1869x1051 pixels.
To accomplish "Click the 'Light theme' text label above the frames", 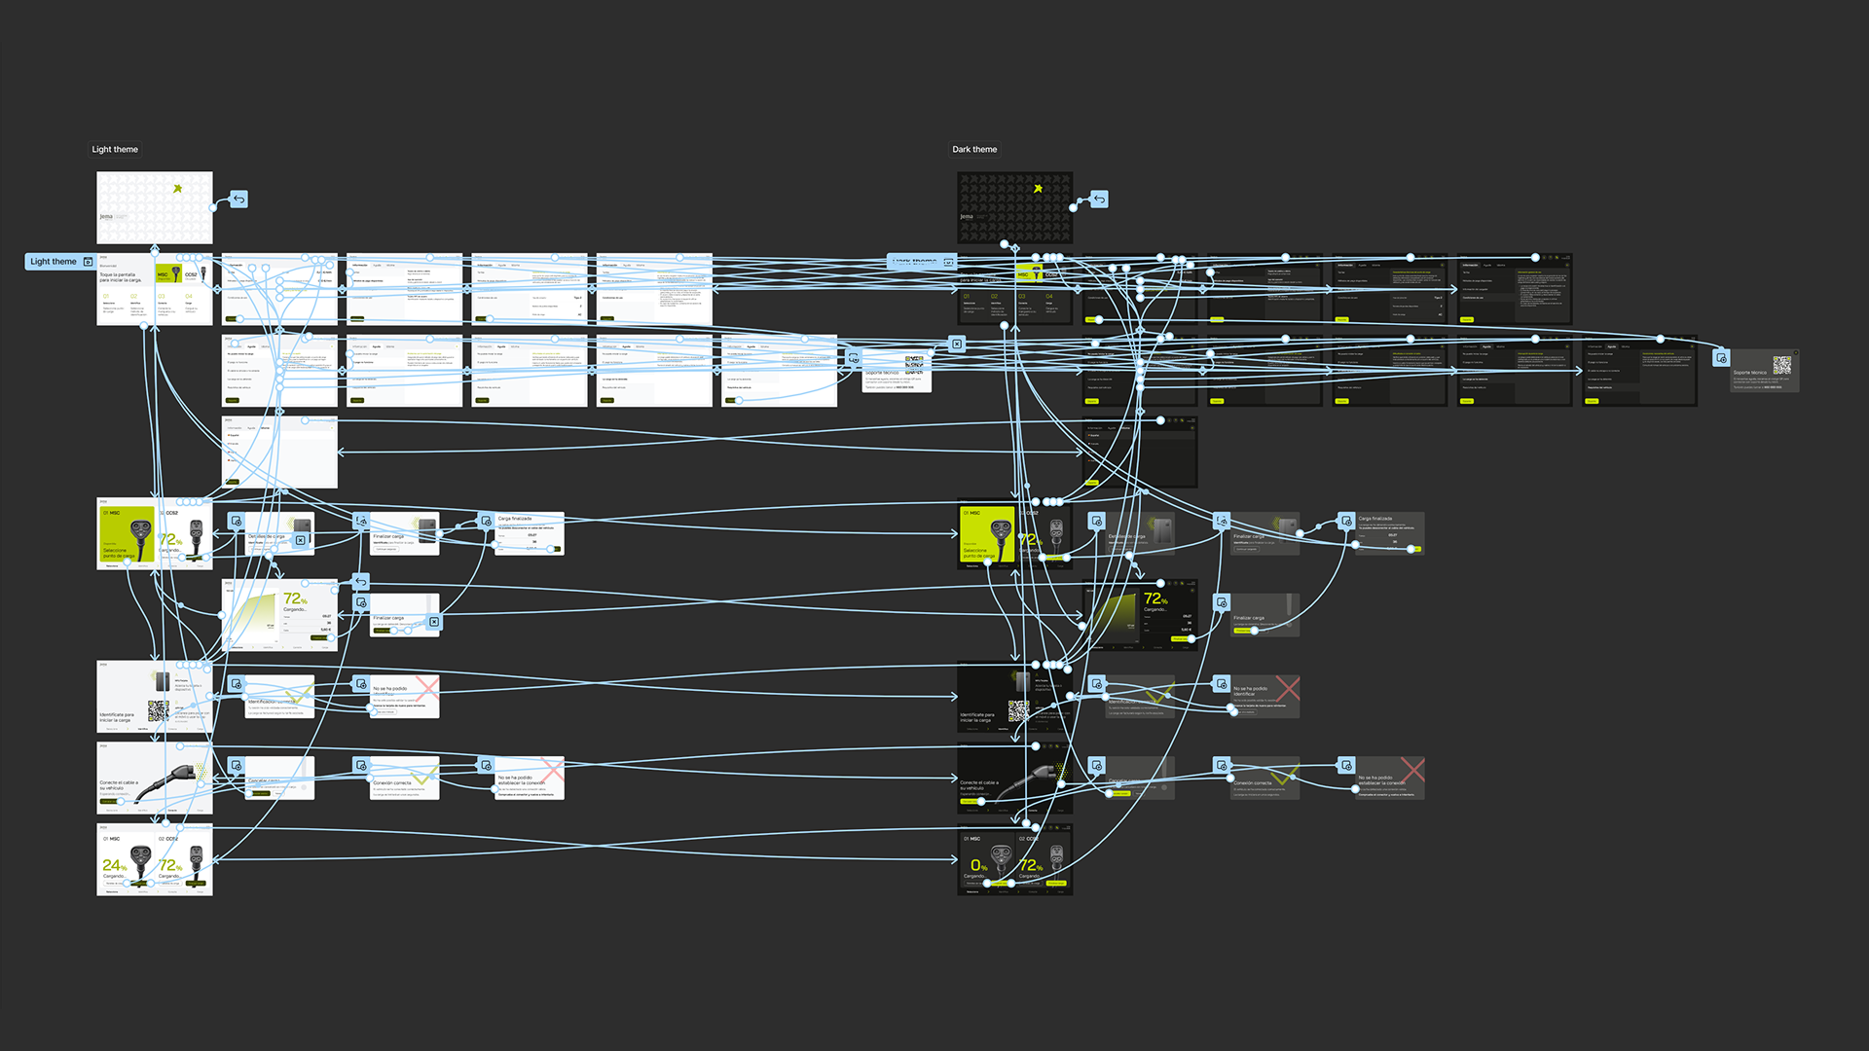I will (115, 150).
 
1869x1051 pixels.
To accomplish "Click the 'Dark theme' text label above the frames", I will (974, 150).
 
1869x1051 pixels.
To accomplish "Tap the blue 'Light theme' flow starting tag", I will (54, 262).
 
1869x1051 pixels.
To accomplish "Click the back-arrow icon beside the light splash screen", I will (238, 199).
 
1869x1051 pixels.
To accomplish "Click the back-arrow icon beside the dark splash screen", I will (1099, 199).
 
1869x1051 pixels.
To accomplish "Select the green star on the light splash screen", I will (177, 189).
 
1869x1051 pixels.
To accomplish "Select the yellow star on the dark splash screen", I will (1038, 189).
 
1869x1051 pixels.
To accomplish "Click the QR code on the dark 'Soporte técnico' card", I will (1781, 365).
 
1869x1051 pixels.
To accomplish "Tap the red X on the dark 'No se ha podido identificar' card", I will (1287, 688).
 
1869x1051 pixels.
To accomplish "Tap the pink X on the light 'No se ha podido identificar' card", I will (426, 687).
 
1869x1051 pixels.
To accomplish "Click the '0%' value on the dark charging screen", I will (978, 865).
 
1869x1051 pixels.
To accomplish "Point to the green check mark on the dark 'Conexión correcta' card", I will (1284, 776).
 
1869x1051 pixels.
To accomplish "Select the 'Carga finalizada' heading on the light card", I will (515, 519).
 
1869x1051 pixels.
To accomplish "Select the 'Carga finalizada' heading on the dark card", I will (1375, 519).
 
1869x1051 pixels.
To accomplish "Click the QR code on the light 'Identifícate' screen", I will (157, 709).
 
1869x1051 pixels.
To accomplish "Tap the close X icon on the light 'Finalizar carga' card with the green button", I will (434, 622).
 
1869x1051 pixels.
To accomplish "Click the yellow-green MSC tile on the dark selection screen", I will (987, 534).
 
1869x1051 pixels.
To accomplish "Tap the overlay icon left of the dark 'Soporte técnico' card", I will (1721, 358).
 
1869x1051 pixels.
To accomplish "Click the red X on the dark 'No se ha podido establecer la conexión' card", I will (1412, 770).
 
